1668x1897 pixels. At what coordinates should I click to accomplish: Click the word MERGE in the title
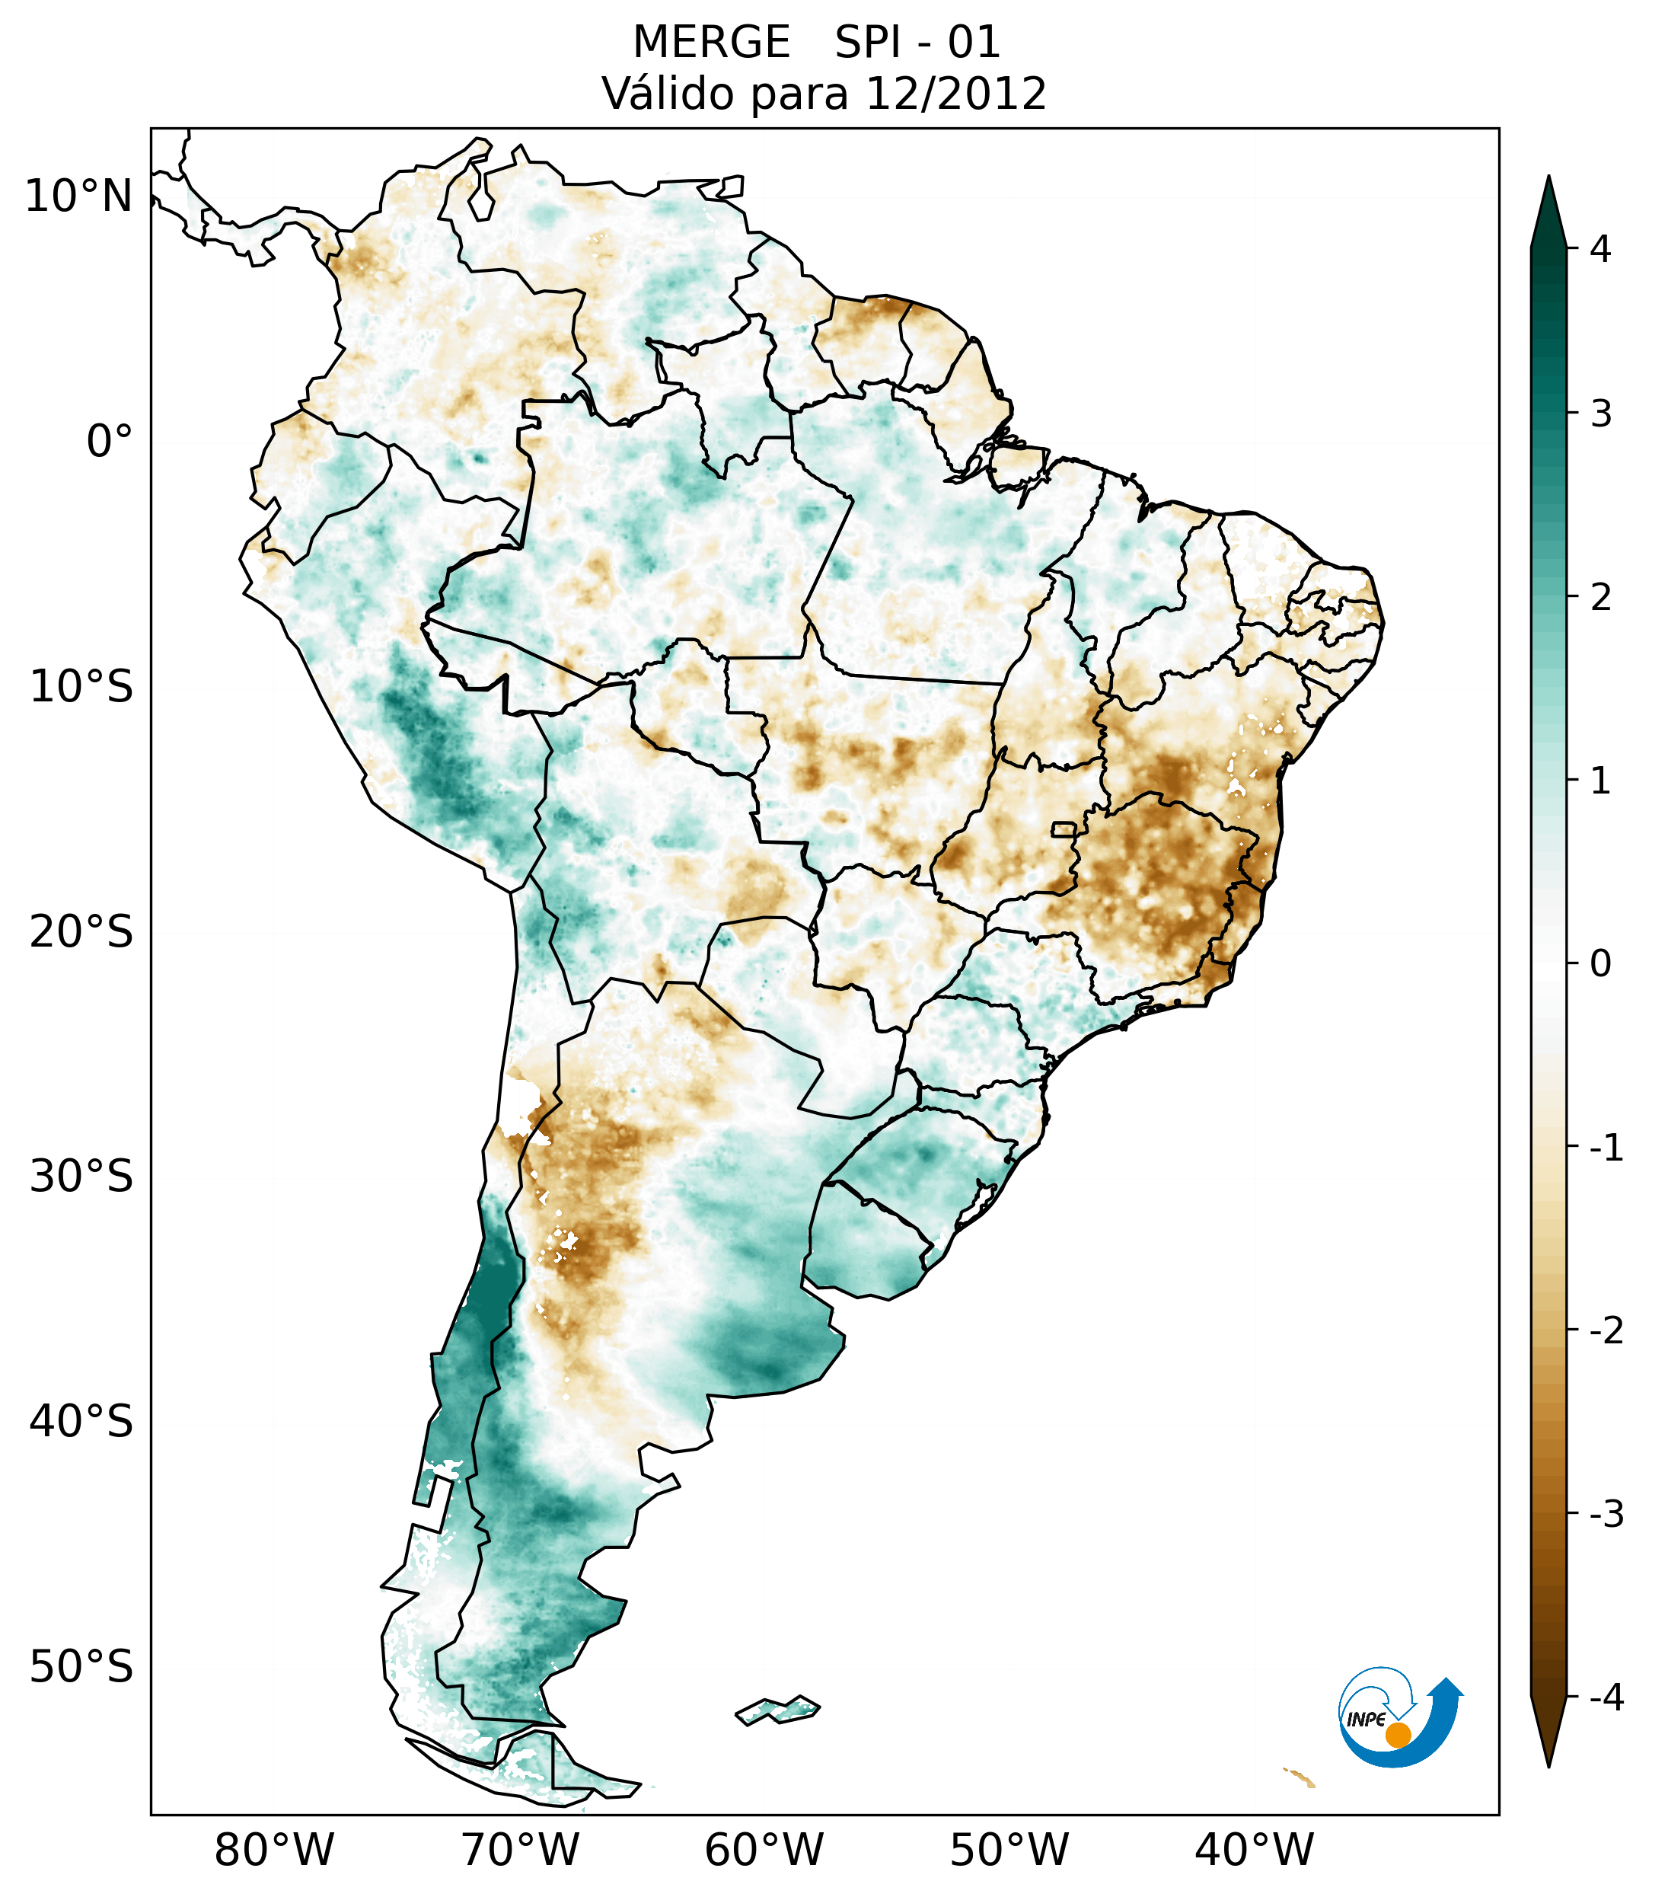[x=712, y=43]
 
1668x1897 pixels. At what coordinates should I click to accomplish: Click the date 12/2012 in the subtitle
[x=955, y=94]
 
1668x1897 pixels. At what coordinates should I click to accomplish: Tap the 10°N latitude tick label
[x=79, y=196]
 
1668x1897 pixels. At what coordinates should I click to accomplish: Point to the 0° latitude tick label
[x=110, y=442]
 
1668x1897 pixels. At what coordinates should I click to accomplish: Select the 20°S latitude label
[x=81, y=932]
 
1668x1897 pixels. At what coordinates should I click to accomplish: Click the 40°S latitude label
[x=81, y=1422]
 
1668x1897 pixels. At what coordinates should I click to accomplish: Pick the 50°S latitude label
[x=81, y=1668]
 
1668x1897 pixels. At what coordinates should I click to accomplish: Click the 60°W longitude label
[x=764, y=1851]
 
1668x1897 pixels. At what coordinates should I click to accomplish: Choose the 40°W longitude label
[x=1255, y=1851]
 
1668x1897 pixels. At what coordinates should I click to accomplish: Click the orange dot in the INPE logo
[x=1397, y=1735]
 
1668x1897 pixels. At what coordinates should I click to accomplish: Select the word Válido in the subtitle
[x=662, y=94]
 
